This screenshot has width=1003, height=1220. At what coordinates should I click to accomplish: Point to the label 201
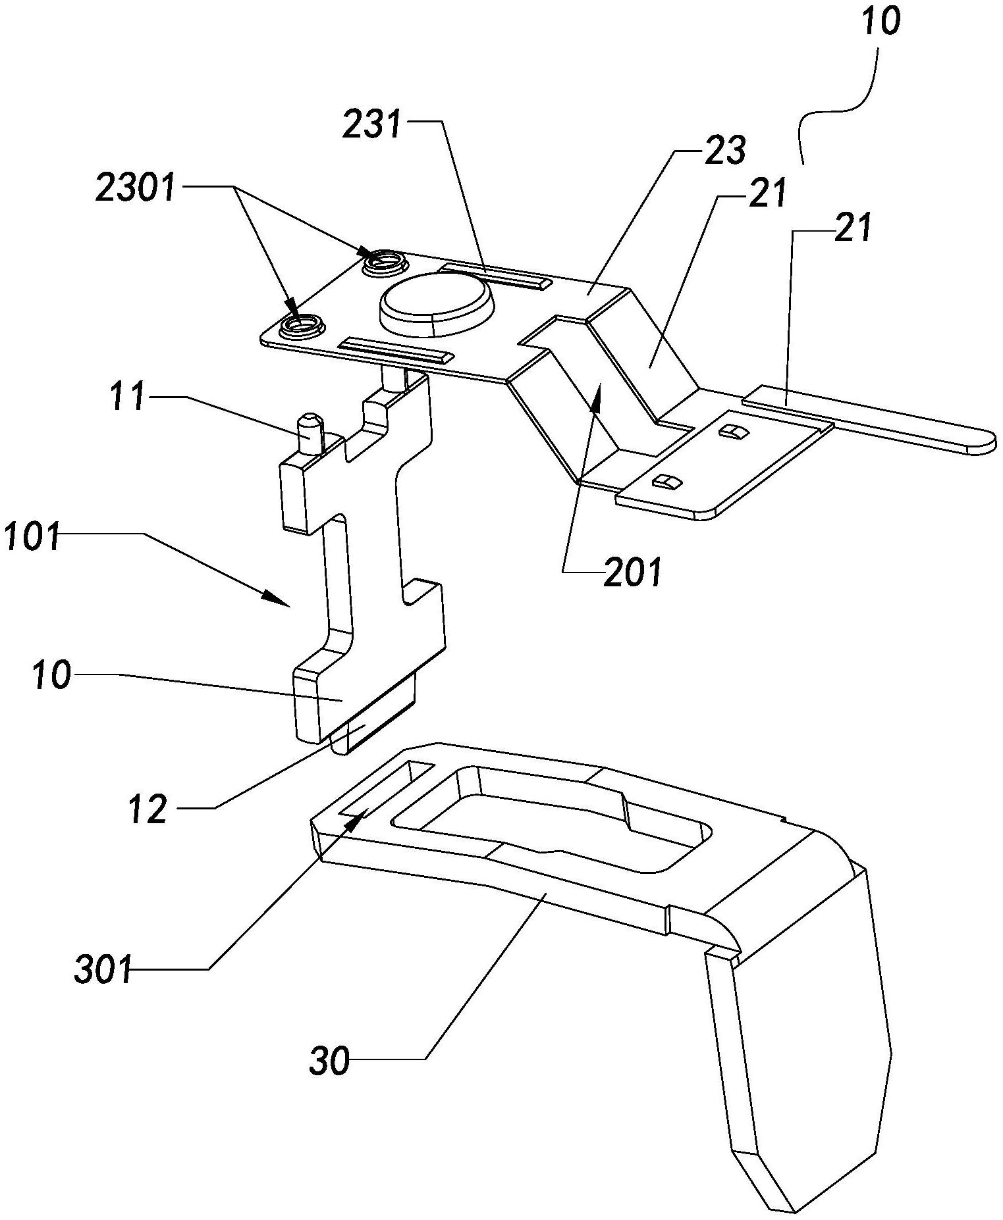[633, 572]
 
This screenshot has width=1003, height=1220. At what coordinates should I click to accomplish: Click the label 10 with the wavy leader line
[881, 21]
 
